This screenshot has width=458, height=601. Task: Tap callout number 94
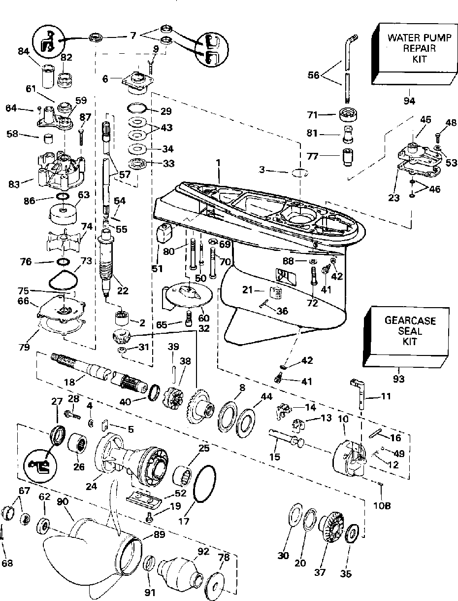(409, 101)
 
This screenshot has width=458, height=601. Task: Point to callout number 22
(123, 291)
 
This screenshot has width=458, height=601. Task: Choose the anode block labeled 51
(164, 232)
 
